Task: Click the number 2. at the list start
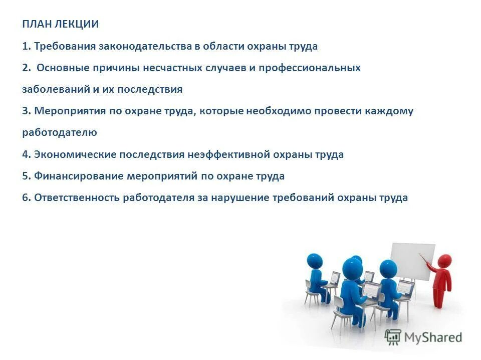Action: click(26, 68)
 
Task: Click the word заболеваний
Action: click(51, 90)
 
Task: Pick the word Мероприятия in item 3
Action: click(70, 111)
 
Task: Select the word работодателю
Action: click(59, 133)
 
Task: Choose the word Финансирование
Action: click(79, 176)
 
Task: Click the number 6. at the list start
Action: click(27, 198)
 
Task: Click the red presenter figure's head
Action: click(443, 261)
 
